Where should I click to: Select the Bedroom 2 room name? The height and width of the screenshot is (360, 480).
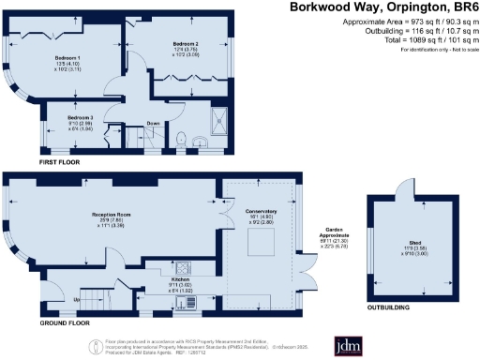[x=185, y=44]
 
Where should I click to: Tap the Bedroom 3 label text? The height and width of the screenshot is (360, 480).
[x=81, y=118]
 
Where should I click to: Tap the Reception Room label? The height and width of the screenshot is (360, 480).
[x=111, y=215]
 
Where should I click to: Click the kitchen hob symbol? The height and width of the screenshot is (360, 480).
[x=179, y=264]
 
